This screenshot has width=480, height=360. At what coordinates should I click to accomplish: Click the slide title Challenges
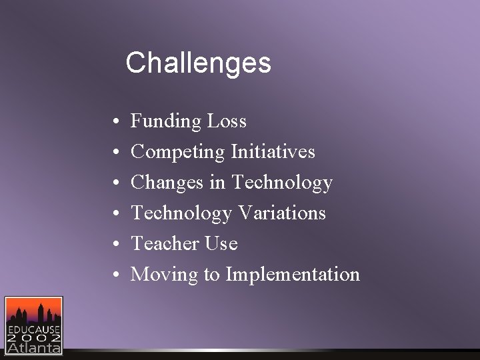click(x=198, y=63)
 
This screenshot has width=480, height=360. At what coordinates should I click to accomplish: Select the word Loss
click(x=227, y=121)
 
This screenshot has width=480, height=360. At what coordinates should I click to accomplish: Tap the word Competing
click(x=178, y=152)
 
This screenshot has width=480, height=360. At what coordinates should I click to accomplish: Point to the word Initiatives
click(x=273, y=152)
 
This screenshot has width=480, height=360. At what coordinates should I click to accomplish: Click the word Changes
click(x=168, y=183)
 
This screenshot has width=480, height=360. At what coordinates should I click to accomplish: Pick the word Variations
click(x=281, y=213)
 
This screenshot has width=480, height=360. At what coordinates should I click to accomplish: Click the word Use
click(x=221, y=244)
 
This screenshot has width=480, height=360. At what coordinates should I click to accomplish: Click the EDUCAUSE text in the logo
click(x=33, y=329)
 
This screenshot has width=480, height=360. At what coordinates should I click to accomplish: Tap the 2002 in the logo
click(x=33, y=338)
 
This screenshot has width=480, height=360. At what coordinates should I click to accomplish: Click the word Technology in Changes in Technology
click(x=281, y=183)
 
